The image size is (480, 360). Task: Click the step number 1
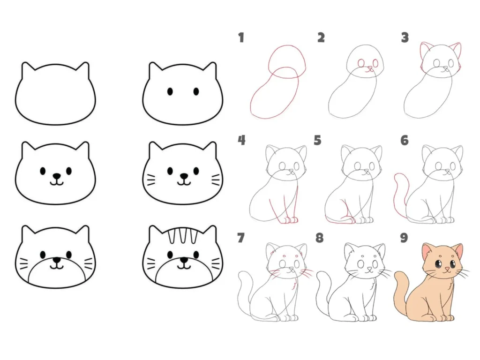241,37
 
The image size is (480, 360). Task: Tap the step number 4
241,140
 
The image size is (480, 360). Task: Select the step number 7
241,237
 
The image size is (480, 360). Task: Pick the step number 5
317,140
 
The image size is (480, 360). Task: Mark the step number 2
321,37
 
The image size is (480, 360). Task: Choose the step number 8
319,237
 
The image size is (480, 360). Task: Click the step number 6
405,140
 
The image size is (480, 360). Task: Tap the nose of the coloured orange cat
447,269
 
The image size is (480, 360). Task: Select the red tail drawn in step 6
399,196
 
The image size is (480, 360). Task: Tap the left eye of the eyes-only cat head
170,91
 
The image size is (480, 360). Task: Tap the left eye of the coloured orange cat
439,263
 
